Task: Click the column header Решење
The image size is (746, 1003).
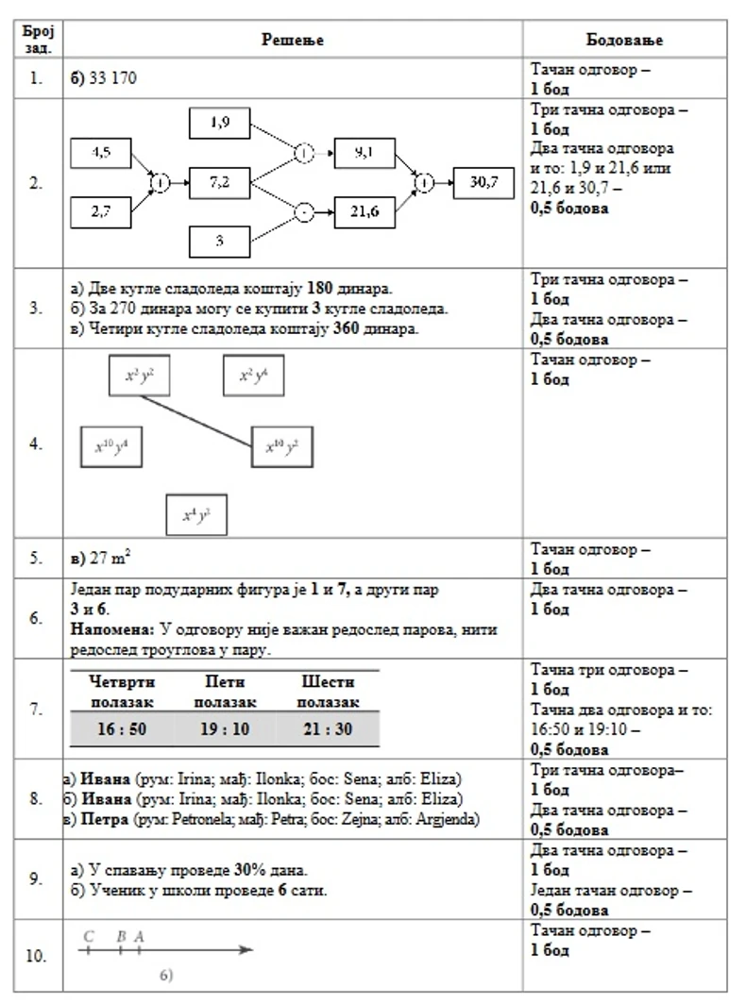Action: tap(293, 40)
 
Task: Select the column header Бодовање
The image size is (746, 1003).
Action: tap(624, 40)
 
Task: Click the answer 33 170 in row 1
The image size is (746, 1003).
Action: tap(112, 78)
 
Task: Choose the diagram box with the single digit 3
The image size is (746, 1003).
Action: tap(219, 241)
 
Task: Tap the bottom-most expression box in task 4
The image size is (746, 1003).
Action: tap(196, 515)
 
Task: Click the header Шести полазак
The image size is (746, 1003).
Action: tap(328, 691)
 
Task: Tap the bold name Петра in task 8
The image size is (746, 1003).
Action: tap(106, 819)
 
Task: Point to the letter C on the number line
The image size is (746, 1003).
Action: tap(88, 936)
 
